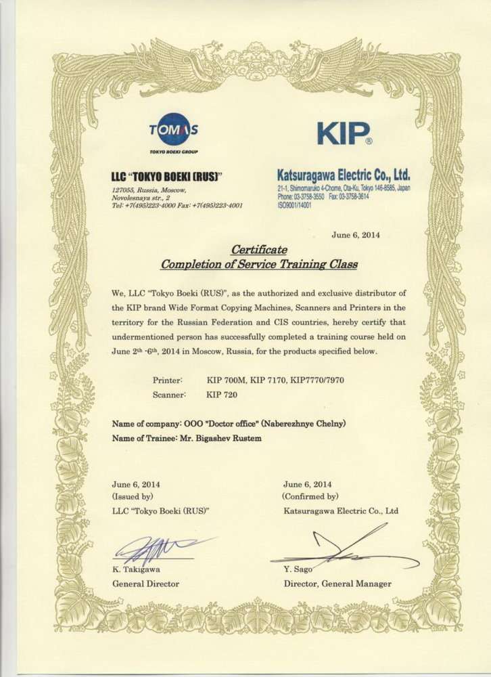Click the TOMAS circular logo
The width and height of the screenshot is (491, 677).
[174, 129]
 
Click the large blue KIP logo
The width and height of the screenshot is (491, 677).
[344, 133]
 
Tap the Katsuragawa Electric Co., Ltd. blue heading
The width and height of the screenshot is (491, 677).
[344, 175]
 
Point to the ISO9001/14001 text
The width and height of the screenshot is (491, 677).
[294, 203]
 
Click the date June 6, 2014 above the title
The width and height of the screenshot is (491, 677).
[356, 235]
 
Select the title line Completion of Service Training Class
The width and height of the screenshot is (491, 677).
[258, 263]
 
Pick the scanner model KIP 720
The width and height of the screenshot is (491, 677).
[222, 393]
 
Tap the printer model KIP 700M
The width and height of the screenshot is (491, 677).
[226, 380]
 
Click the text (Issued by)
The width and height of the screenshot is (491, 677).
[133, 496]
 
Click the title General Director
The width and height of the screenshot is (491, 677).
[145, 583]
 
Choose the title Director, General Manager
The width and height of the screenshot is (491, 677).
[337, 583]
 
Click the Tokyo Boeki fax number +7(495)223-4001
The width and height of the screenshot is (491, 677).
[217, 204]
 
